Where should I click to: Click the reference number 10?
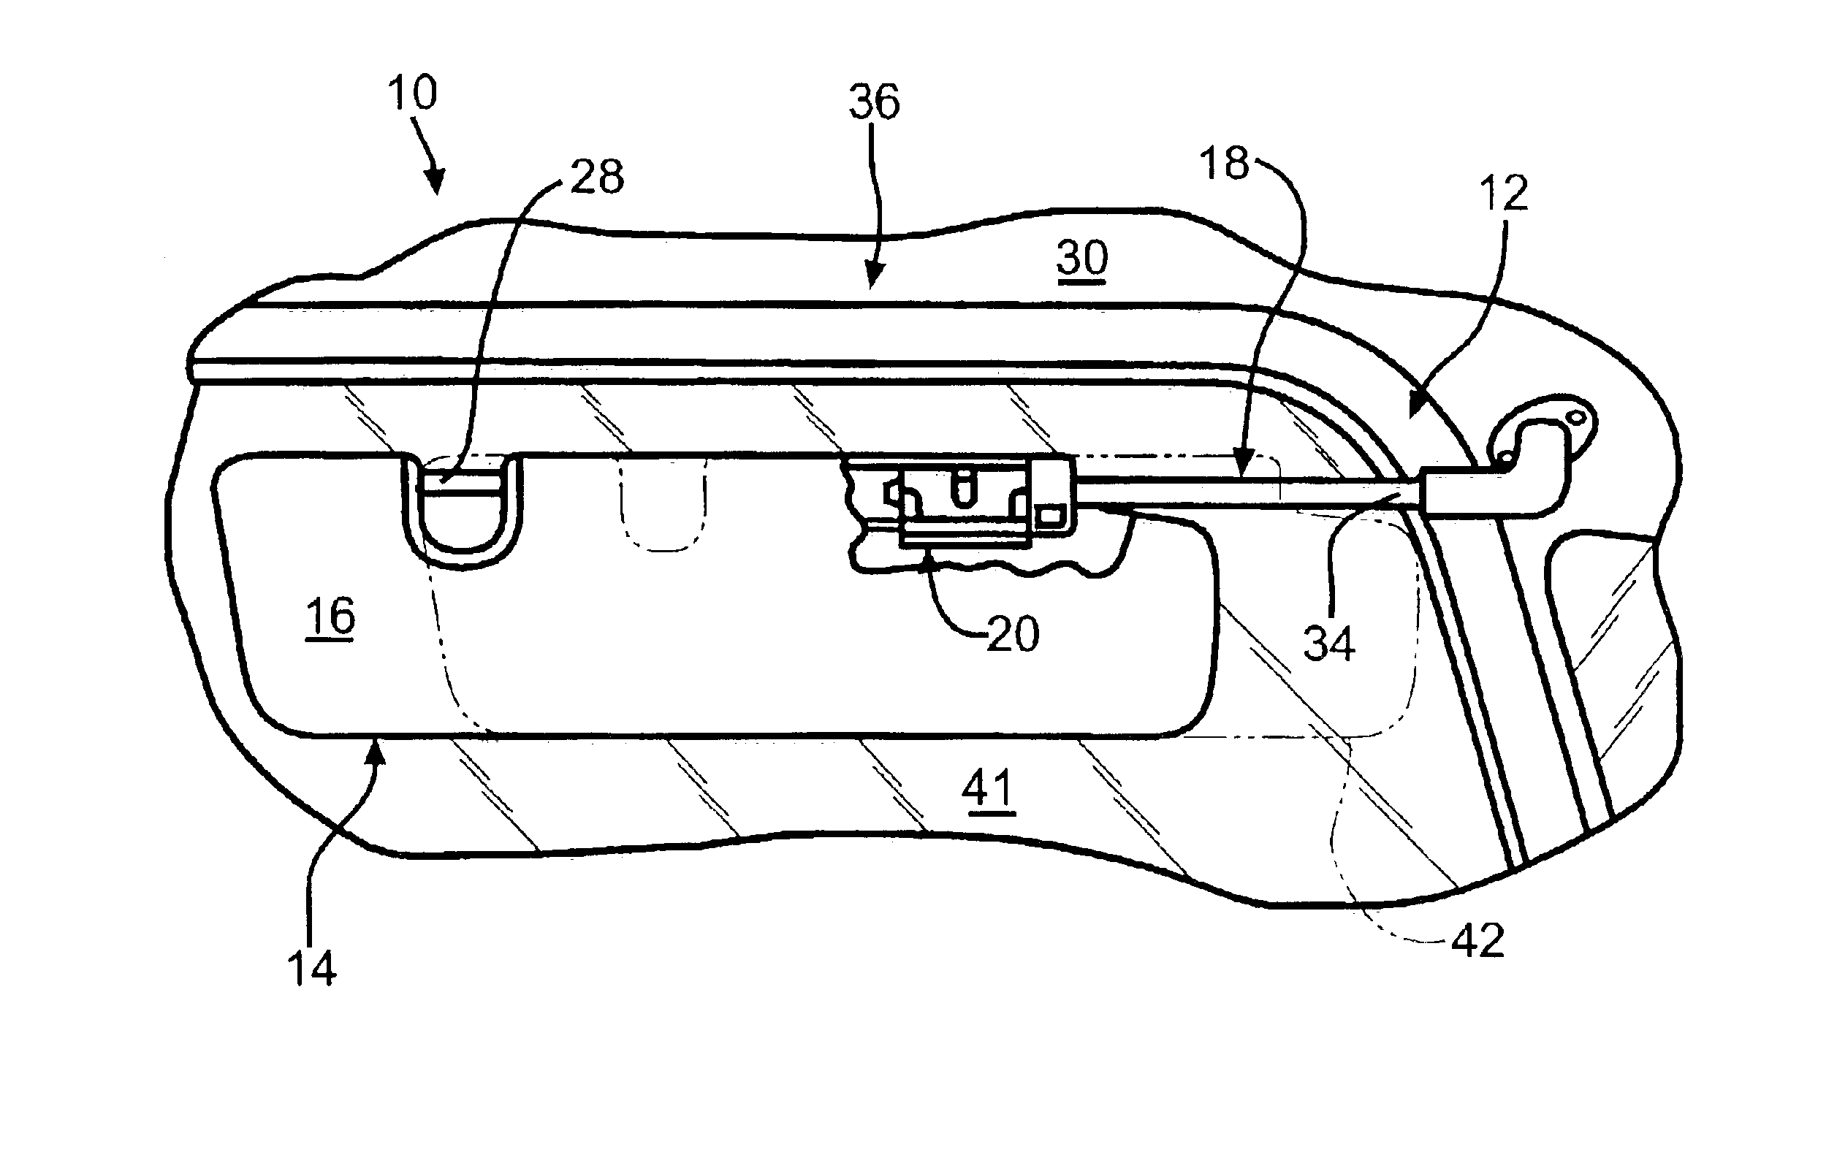[x=412, y=93]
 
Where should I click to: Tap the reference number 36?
[x=874, y=102]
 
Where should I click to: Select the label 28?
[x=596, y=177]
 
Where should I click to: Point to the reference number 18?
[x=1224, y=163]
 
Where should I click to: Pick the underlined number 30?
[x=1081, y=259]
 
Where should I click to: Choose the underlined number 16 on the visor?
[x=330, y=616]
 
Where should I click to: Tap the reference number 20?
[x=1013, y=634]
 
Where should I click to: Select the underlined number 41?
[x=988, y=789]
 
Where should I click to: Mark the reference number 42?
[x=1477, y=941]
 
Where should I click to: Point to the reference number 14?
[x=311, y=969]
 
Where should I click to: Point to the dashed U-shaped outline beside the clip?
[x=662, y=503]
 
